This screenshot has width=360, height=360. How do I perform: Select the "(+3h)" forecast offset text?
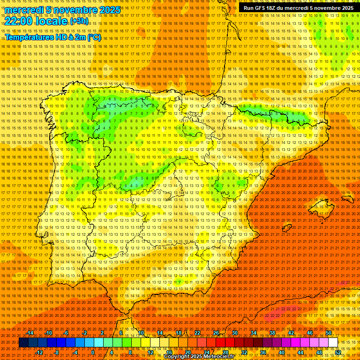coord(78,22)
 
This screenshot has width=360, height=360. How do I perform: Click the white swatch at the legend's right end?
coord(333,343)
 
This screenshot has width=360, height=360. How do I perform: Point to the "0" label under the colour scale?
coord(93,352)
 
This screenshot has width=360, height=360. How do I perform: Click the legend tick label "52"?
coord(337,352)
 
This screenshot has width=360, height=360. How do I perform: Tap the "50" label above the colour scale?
coord(329,333)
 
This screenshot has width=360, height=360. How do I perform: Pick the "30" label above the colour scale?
coord(235,333)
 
